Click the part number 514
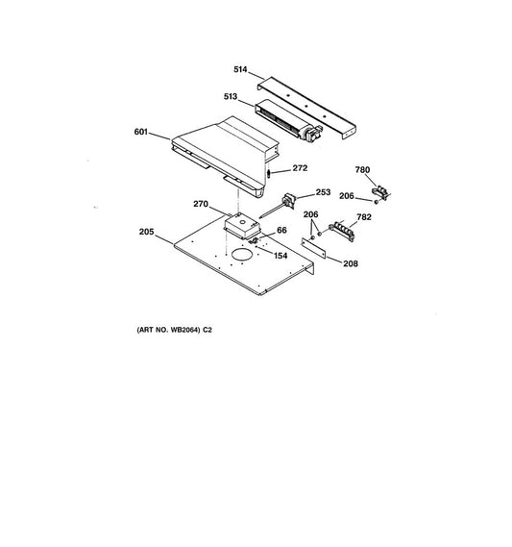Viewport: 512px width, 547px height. tap(240, 69)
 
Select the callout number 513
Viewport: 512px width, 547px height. tap(231, 96)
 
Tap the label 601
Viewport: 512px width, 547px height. tap(141, 132)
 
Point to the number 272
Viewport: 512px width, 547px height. tap(300, 168)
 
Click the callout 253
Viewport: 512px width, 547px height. tap(323, 192)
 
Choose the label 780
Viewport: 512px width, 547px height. tap(362, 170)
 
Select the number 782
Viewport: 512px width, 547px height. tap(364, 217)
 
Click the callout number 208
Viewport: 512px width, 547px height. tap(351, 263)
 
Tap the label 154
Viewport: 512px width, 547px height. tap(280, 256)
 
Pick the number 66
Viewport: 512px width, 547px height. tap(281, 231)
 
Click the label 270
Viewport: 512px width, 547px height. tap(201, 204)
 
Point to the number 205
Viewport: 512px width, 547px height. tap(146, 232)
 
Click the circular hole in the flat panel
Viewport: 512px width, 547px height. tap(241, 255)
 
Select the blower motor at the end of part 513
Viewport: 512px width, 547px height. tap(311, 134)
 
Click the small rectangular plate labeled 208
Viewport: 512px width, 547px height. tap(314, 248)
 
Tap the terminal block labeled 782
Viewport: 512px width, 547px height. tap(342, 231)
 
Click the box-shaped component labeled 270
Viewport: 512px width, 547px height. tap(242, 226)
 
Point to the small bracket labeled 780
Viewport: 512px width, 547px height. tap(380, 192)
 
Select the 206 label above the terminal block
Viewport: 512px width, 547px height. tap(310, 214)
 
